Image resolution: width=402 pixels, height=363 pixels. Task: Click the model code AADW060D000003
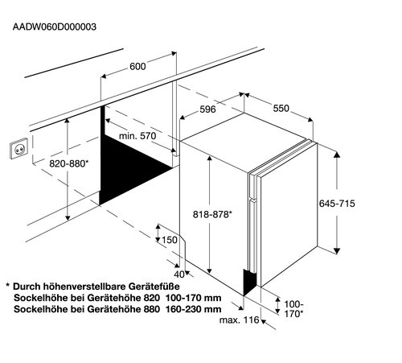[55, 27]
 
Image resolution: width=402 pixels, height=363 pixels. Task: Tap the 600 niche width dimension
[137, 66]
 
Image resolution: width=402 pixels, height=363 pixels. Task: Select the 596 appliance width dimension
[207, 109]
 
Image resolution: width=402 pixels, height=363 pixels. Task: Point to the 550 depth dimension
[281, 108]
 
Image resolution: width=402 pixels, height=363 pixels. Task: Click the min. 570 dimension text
[137, 136]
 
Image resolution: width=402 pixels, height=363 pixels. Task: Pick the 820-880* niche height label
[69, 163]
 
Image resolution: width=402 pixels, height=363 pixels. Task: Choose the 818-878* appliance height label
[212, 214]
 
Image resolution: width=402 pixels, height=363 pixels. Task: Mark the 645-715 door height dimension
[337, 204]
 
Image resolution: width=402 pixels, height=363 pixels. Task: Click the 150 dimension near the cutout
[170, 240]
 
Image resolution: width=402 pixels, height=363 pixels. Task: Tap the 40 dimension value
[179, 274]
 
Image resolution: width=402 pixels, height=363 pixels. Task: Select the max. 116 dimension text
[240, 320]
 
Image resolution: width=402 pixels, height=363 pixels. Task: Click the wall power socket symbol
[18, 149]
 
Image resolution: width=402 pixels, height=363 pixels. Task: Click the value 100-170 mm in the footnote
[194, 298]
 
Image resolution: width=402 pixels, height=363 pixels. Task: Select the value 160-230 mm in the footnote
[194, 309]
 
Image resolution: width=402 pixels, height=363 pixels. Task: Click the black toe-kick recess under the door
[249, 282]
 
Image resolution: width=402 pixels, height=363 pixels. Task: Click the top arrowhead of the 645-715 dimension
[337, 154]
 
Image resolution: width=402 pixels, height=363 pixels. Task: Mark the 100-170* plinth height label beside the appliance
[293, 309]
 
